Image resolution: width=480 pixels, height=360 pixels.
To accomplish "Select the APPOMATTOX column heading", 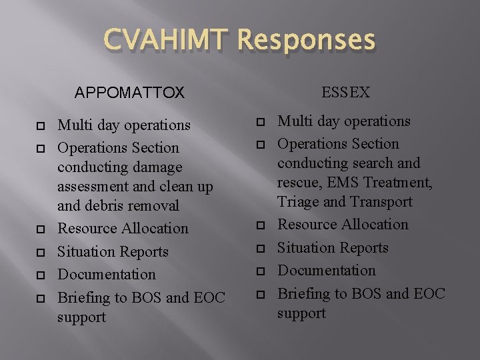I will coord(129,93).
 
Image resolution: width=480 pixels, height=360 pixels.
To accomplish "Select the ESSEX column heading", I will coord(345,93).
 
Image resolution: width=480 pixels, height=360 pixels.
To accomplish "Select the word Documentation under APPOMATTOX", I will coord(107,274).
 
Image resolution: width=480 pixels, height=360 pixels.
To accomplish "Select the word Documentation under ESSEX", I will coord(327,270).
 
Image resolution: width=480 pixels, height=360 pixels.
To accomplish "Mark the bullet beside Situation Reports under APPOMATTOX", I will coord(40,253).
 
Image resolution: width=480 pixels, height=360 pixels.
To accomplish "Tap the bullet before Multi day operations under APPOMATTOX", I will coord(40,126).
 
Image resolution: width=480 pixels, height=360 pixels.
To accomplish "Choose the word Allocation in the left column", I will coord(155,228).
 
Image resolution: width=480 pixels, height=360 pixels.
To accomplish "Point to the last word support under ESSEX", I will coord(301,313).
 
